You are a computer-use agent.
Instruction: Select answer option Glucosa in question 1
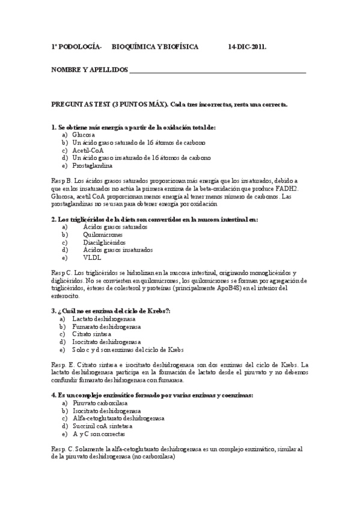(84, 135)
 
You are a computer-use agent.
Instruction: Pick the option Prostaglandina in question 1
(93, 165)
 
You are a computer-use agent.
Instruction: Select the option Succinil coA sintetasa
(102, 425)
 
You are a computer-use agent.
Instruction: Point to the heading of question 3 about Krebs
(111, 310)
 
